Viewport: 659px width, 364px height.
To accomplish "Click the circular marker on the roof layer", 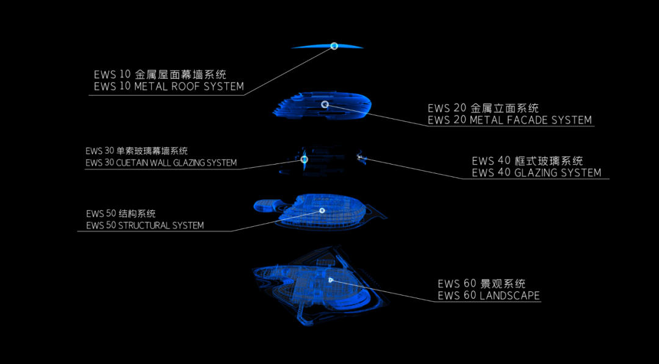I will tap(334, 46).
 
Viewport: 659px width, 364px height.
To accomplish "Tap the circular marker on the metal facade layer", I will tap(325, 105).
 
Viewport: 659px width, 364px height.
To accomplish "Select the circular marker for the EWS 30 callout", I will tap(304, 159).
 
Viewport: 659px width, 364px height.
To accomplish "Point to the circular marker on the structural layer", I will tap(322, 210).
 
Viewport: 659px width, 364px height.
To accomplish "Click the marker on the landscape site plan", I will tap(331, 280).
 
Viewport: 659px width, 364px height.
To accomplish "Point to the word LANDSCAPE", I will tap(510, 296).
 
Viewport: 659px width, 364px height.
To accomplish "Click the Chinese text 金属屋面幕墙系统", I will tap(181, 74).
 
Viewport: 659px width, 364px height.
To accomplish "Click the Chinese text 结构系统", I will tap(129, 213).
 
